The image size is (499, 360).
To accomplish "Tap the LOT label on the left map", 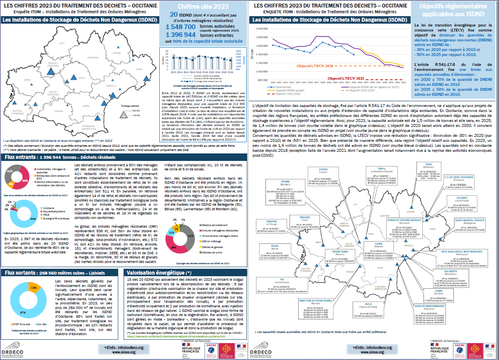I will coord(62,43).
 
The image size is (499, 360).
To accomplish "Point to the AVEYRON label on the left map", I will coord(93,58).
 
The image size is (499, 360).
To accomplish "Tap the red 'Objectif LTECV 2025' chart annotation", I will coord(346,78).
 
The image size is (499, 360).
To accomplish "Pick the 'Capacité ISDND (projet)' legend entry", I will coord(293,90).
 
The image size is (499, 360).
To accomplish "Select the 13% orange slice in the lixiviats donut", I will coord(34,286).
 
